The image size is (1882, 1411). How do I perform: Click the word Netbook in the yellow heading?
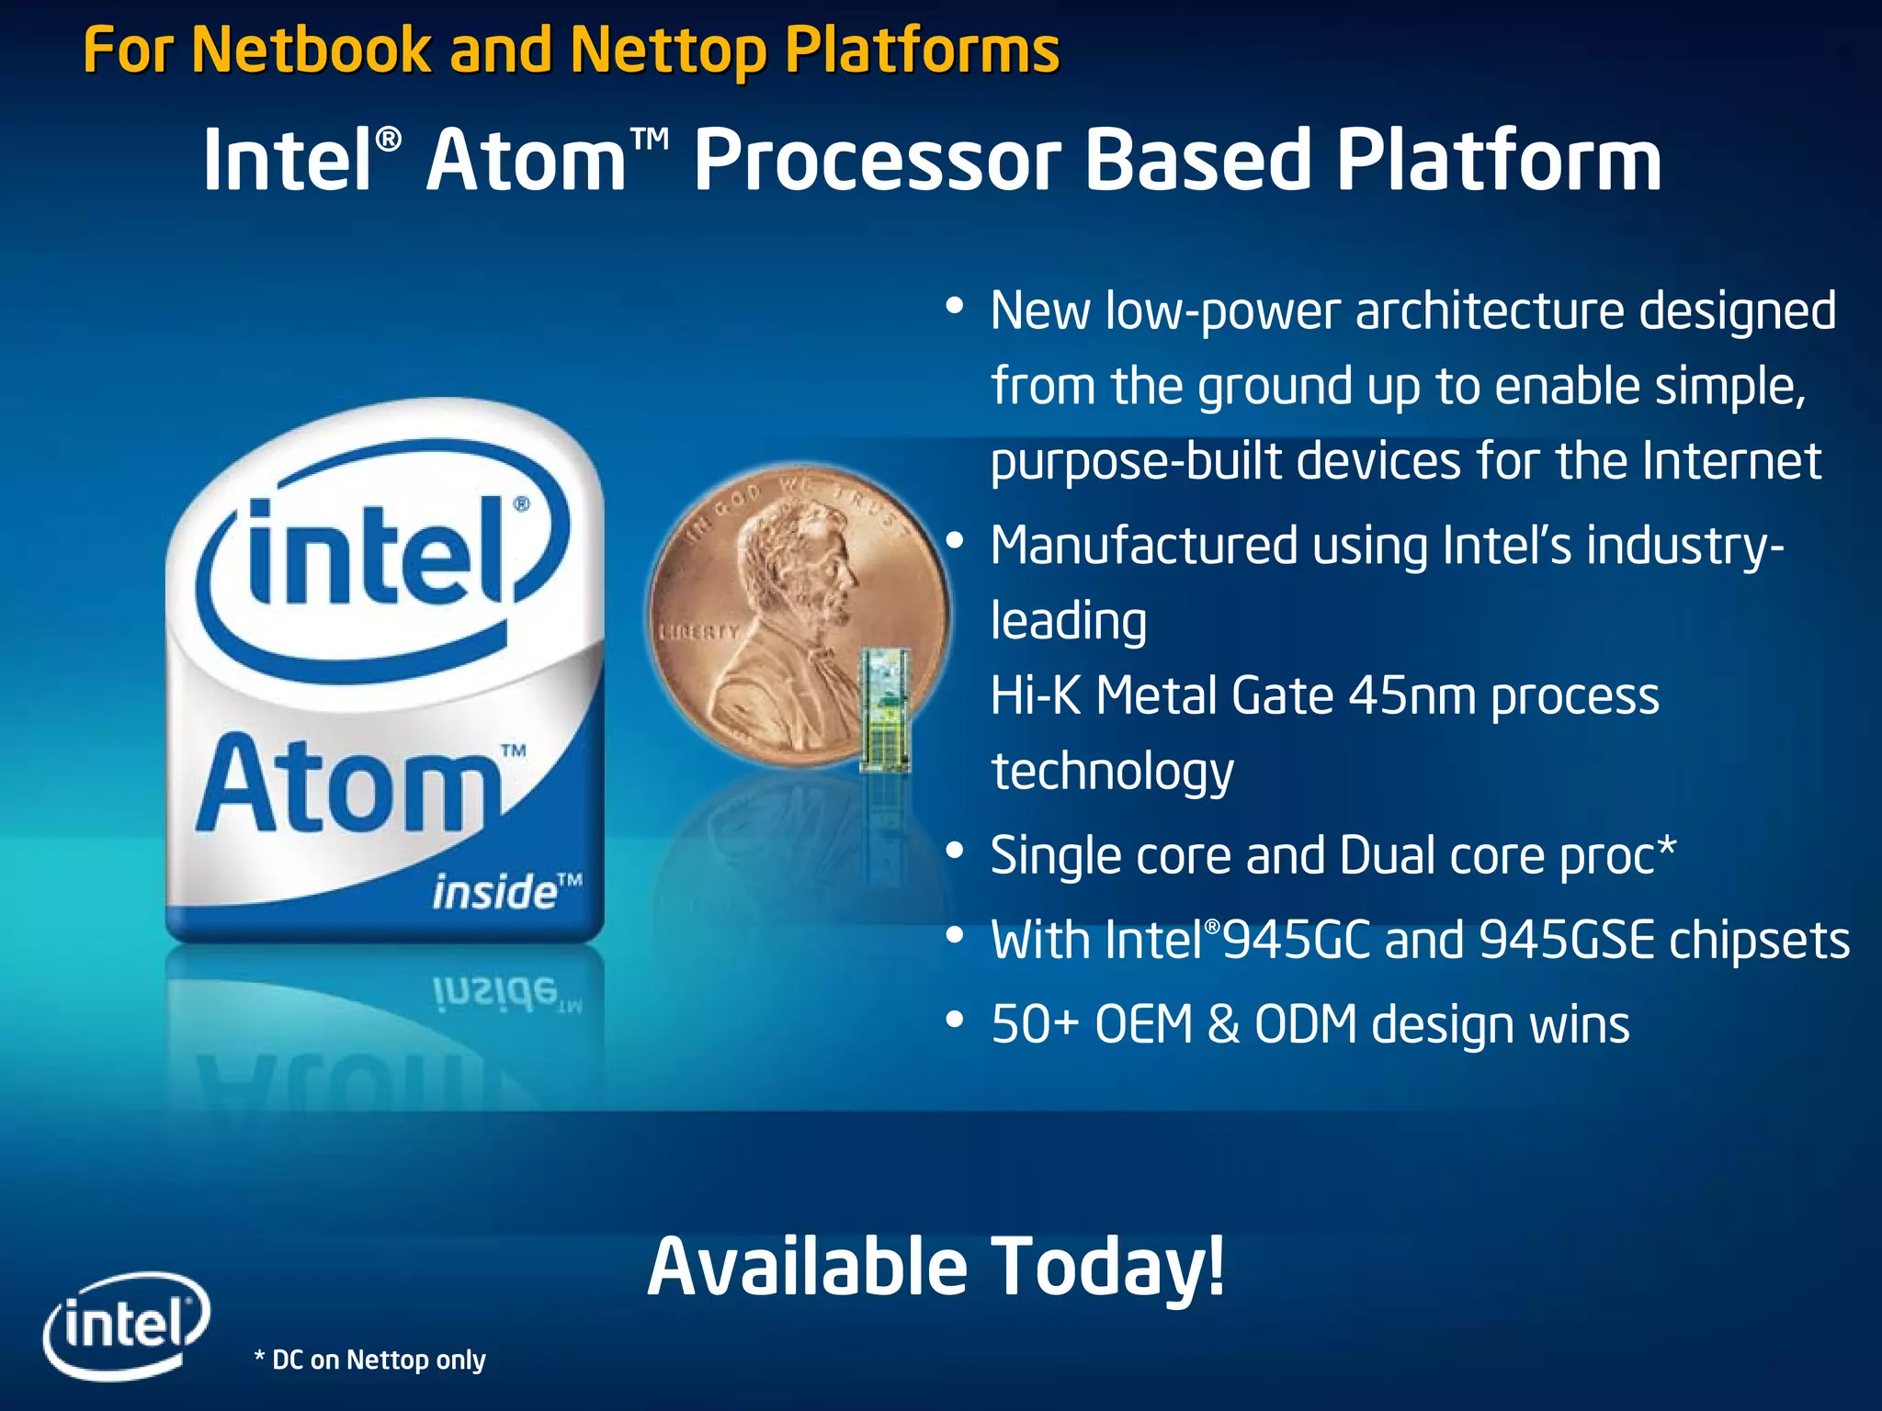(x=310, y=50)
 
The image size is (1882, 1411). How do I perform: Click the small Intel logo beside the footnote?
(x=127, y=1324)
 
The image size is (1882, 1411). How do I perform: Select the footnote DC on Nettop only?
(x=370, y=1360)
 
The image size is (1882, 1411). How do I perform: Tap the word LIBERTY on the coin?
(x=699, y=632)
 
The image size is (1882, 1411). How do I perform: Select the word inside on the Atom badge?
(x=494, y=892)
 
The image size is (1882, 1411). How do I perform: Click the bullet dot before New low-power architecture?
(x=955, y=305)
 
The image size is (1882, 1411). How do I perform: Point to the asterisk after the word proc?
(x=1666, y=845)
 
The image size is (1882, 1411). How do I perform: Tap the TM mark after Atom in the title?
(x=650, y=140)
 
